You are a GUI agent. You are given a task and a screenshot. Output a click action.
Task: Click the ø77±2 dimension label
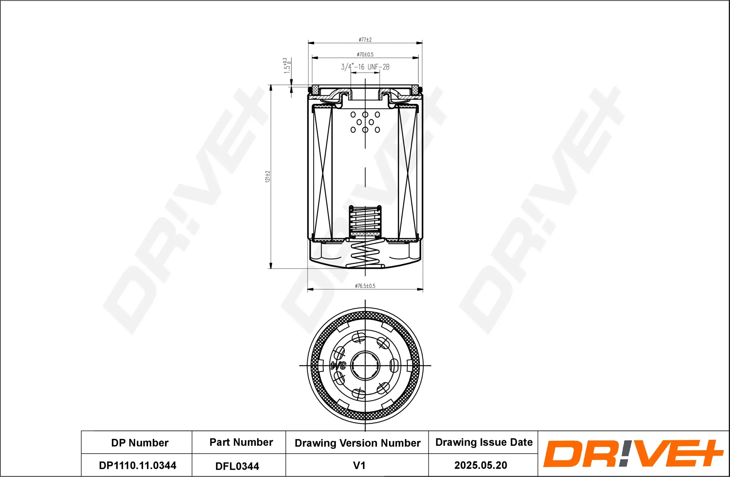[365, 39]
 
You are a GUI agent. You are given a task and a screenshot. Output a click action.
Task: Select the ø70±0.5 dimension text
[365, 54]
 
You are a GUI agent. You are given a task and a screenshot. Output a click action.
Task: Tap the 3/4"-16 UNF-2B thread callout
[365, 67]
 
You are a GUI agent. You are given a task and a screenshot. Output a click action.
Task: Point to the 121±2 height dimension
[268, 177]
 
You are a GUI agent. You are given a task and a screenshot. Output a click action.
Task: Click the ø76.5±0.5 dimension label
[365, 286]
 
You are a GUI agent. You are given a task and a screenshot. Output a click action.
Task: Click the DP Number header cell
[140, 443]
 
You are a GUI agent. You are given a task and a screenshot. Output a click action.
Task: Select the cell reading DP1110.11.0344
[138, 465]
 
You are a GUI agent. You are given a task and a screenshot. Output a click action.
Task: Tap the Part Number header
[241, 442]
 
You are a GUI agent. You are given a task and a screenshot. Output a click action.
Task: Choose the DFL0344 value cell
[237, 466]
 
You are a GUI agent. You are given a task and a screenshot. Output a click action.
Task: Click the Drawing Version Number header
[357, 443]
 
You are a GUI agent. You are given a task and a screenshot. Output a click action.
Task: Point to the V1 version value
[359, 465]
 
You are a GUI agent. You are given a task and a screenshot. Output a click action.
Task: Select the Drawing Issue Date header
[484, 442]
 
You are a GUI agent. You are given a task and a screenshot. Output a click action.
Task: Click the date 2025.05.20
[480, 465]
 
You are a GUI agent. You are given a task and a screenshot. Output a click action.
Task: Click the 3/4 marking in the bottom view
[338, 366]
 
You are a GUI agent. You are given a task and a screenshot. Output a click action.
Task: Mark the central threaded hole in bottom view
[365, 366]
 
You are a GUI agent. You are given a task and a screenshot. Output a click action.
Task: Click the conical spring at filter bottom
[365, 253]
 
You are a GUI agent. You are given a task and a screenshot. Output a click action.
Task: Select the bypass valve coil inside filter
[365, 219]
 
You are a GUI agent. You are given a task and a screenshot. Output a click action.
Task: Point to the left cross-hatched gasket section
[315, 89]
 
